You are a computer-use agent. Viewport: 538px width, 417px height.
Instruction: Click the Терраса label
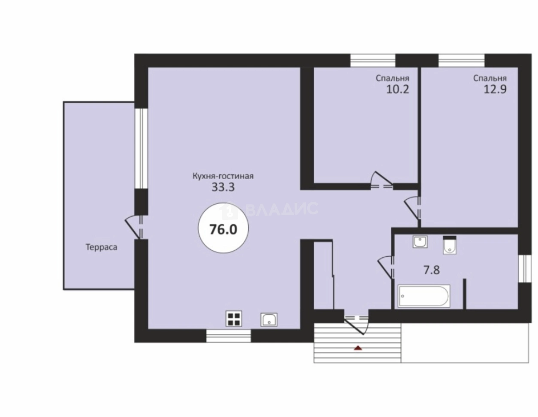pyautogui.click(x=101, y=247)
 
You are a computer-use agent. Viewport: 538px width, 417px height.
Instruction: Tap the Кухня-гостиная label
pyautogui.click(x=223, y=176)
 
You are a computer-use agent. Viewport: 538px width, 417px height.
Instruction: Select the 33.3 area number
pyautogui.click(x=223, y=188)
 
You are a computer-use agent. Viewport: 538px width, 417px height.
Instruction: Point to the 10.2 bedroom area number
pyautogui.click(x=398, y=90)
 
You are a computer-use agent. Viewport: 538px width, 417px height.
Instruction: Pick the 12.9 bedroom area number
pyautogui.click(x=495, y=90)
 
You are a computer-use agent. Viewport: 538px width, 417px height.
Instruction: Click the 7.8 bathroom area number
pyautogui.click(x=432, y=270)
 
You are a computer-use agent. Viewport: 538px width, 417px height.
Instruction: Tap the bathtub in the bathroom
pyautogui.click(x=423, y=297)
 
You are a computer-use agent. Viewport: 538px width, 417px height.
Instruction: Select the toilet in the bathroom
pyautogui.click(x=449, y=245)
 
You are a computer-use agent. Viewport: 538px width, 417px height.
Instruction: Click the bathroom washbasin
pyautogui.click(x=420, y=242)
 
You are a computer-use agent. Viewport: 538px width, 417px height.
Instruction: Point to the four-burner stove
pyautogui.click(x=233, y=318)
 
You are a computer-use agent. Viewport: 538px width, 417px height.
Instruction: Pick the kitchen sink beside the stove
pyautogui.click(x=269, y=320)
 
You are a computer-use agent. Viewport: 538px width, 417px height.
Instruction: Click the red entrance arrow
pyautogui.click(x=358, y=348)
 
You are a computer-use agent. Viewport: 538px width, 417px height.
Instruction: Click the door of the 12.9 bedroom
pyautogui.click(x=412, y=208)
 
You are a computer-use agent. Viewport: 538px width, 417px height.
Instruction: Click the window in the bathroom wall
pyautogui.click(x=525, y=269)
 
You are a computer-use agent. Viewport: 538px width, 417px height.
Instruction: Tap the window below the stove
pyautogui.click(x=229, y=336)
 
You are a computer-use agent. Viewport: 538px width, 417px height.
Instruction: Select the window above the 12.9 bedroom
pyautogui.click(x=462, y=60)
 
